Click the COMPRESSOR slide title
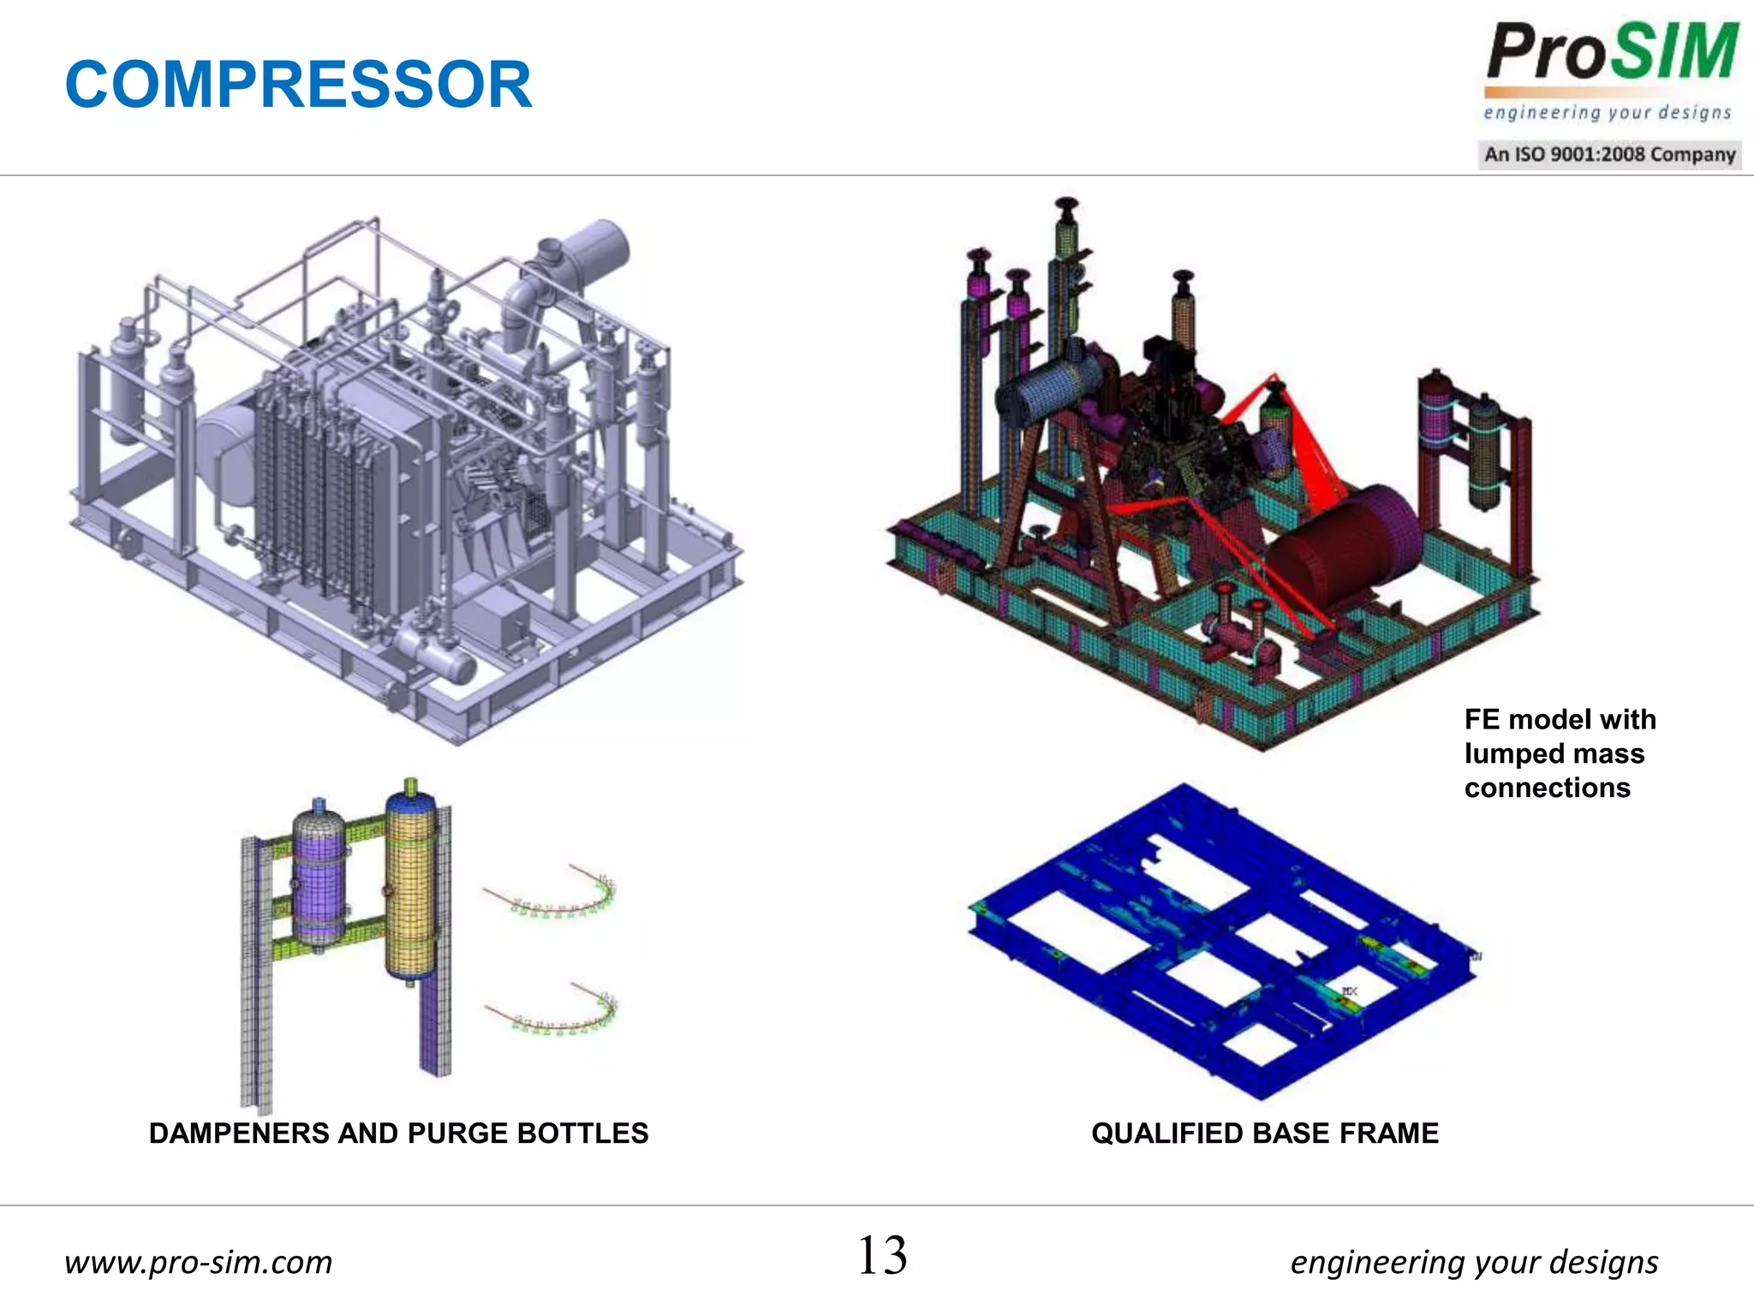[298, 85]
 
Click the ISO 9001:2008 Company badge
[1609, 155]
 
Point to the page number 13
[882, 1256]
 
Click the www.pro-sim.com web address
[199, 1262]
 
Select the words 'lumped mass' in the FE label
[1554, 753]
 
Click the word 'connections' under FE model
[1547, 788]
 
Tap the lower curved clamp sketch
[557, 1010]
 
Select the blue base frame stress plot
[1225, 942]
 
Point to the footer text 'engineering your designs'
[1474, 1262]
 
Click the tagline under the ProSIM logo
[1607, 113]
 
